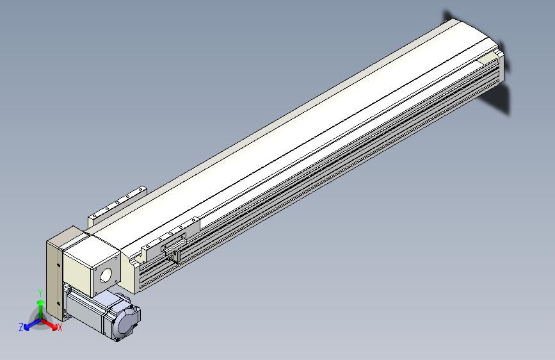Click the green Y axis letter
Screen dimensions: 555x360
(x=40, y=293)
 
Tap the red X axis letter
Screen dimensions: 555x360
(x=60, y=328)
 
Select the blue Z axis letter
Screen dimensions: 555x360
(x=21, y=327)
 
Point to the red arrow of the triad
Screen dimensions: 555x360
(x=49, y=324)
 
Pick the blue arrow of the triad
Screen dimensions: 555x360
(x=33, y=324)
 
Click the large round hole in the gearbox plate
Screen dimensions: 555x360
(x=106, y=275)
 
